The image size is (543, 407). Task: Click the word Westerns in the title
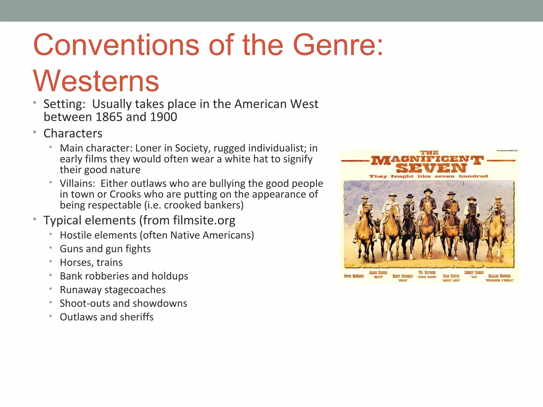[96, 81]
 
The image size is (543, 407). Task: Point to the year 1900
[163, 117]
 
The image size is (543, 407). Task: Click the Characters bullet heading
[73, 133]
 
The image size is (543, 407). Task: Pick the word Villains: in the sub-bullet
[77, 183]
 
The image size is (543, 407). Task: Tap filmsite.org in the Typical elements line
[204, 220]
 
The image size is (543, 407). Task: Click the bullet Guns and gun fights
[105, 249]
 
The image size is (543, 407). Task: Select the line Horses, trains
[91, 262]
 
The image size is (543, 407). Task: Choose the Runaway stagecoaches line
[113, 290]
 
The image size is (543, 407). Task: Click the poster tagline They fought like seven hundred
[428, 176]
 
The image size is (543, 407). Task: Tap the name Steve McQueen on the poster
[354, 276]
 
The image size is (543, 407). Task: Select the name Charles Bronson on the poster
[499, 276]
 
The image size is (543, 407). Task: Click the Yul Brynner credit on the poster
[427, 273]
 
